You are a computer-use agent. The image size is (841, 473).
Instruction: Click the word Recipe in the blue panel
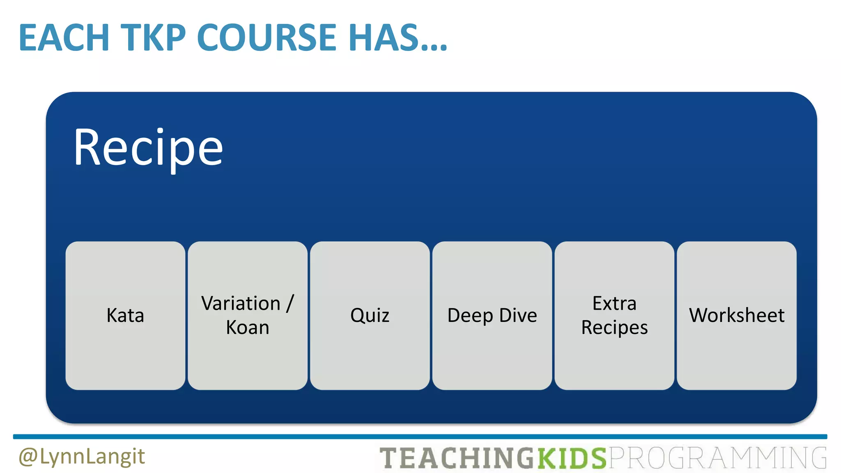(x=148, y=148)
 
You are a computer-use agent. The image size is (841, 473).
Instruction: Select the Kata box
(x=125, y=315)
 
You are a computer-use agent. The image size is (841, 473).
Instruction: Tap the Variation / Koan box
(x=248, y=315)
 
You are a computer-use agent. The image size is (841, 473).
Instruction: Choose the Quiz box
(x=370, y=315)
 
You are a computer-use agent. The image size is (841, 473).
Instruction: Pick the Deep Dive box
(x=492, y=315)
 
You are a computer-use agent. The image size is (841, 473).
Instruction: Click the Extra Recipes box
(x=614, y=315)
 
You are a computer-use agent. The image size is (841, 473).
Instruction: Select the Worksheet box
(x=737, y=315)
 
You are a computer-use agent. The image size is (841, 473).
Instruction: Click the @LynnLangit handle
(x=82, y=457)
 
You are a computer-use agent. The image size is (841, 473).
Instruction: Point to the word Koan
(x=248, y=328)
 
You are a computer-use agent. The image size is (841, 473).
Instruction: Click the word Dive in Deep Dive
(x=518, y=315)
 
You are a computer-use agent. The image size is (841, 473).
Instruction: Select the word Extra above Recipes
(x=614, y=303)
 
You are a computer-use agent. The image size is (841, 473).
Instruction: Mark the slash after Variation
(x=290, y=303)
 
